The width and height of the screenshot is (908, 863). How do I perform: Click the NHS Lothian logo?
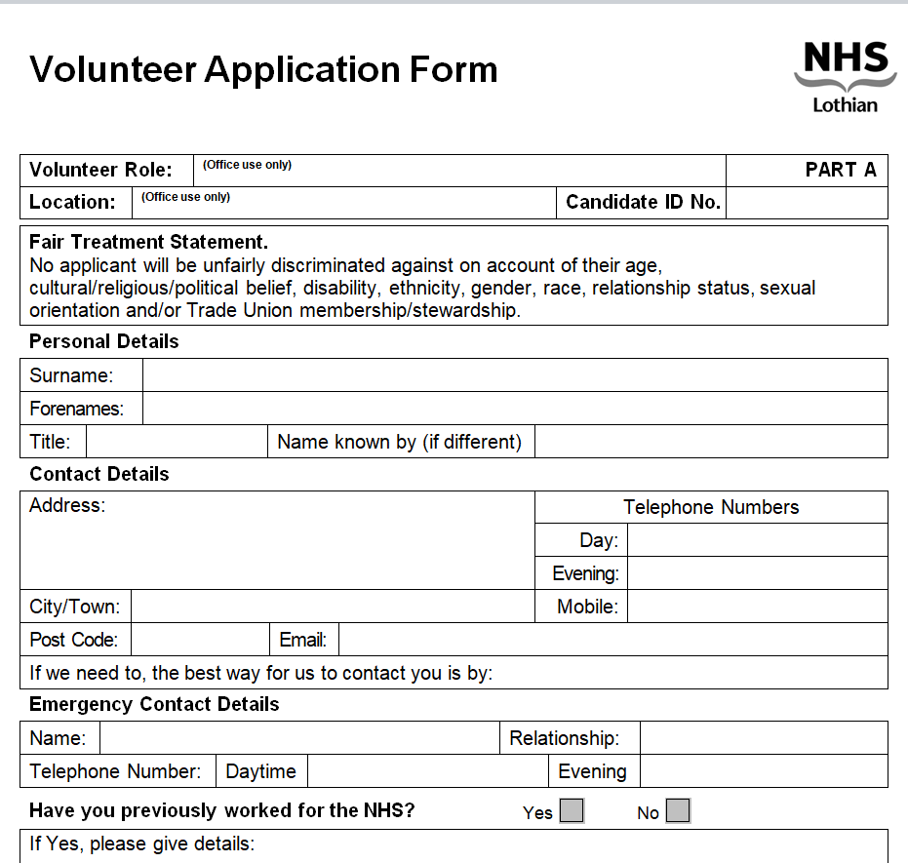[x=845, y=76]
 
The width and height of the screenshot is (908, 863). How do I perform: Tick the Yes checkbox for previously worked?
[x=572, y=810]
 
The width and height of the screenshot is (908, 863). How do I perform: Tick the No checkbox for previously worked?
[x=678, y=810]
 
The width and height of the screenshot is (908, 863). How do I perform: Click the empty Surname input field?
[x=515, y=375]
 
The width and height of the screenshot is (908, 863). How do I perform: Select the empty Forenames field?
[x=515, y=409]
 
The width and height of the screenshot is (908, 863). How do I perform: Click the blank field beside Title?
[x=177, y=442]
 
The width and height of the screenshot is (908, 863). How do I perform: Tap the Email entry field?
[x=612, y=640]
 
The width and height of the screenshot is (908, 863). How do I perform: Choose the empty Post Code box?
[x=199, y=640]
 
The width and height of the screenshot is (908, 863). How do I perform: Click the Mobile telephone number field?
[x=757, y=607]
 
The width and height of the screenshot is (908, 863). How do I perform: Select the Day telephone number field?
[x=757, y=540]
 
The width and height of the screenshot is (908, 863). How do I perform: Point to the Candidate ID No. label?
[x=643, y=202]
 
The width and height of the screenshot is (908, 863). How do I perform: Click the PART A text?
[x=841, y=170]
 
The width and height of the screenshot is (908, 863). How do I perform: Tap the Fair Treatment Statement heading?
[x=148, y=242]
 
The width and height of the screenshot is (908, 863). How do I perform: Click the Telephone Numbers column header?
[x=711, y=507]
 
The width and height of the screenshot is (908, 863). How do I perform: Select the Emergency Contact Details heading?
[x=154, y=704]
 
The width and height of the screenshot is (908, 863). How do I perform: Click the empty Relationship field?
[x=763, y=738]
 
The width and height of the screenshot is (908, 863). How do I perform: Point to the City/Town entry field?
[x=332, y=607]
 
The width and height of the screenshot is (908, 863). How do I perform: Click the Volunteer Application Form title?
[x=263, y=69]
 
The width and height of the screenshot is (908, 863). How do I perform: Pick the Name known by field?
[x=711, y=442]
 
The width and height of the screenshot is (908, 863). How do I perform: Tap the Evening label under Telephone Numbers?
[x=585, y=573]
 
